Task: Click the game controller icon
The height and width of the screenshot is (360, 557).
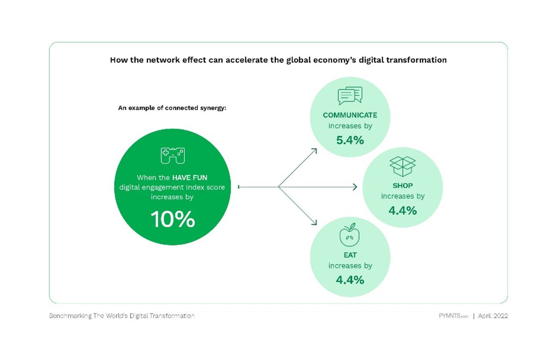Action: click(x=173, y=156)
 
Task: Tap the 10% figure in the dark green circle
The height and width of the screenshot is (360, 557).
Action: click(x=173, y=219)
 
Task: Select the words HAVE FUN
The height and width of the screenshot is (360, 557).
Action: click(x=190, y=178)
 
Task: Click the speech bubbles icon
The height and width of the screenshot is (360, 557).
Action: click(x=350, y=96)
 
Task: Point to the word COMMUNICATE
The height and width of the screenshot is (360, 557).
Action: click(x=350, y=115)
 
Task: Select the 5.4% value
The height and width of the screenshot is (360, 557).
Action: click(x=350, y=140)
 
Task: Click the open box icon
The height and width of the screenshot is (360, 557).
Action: click(x=402, y=166)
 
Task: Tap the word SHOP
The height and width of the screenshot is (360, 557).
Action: click(x=403, y=186)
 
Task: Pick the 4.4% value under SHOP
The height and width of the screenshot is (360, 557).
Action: click(x=403, y=211)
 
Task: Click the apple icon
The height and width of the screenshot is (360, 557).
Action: click(x=350, y=235)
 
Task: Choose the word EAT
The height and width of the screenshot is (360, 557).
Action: click(x=350, y=255)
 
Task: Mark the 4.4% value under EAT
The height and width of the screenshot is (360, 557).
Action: click(x=350, y=280)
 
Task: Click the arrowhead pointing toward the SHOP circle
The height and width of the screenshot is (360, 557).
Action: click(x=355, y=187)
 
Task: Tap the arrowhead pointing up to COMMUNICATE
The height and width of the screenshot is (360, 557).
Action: click(x=314, y=151)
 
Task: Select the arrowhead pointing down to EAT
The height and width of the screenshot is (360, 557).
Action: click(x=314, y=223)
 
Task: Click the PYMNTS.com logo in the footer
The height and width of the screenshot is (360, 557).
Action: click(x=453, y=316)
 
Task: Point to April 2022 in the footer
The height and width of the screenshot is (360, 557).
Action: click(x=493, y=316)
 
